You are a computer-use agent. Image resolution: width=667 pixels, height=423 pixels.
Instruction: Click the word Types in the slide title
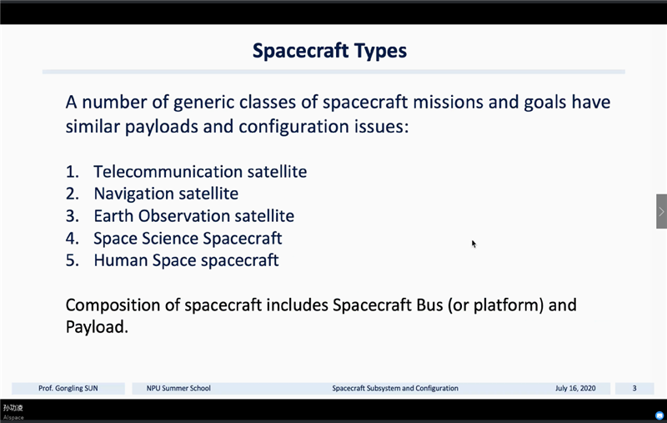pos(380,51)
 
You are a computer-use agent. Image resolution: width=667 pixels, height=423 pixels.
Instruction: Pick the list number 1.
pos(72,172)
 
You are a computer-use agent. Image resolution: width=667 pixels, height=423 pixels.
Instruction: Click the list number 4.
pos(72,239)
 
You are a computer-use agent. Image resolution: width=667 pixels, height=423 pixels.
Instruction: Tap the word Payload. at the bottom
pos(97,327)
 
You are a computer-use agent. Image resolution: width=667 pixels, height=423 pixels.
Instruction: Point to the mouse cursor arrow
pos(474,244)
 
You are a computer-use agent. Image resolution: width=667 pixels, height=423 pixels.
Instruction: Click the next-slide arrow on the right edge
pos(661,212)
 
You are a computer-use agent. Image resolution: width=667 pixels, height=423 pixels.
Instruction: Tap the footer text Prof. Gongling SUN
pos(68,388)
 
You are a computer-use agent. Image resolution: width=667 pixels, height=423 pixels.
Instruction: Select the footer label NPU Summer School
pos(178,388)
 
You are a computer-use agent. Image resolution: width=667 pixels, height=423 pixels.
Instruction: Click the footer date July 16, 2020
pos(575,388)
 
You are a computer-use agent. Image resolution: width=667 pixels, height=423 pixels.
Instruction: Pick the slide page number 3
pos(634,388)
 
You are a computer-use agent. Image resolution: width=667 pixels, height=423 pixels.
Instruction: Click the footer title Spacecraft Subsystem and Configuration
pos(395,388)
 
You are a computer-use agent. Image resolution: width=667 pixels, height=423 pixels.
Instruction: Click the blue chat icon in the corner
pos(659,415)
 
